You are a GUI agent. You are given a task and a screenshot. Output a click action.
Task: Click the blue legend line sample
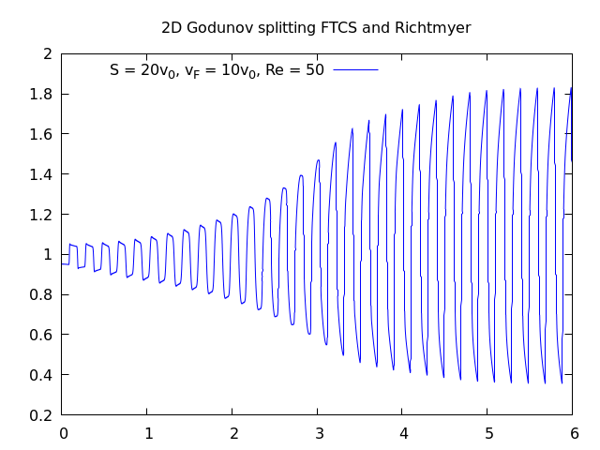[x=355, y=70]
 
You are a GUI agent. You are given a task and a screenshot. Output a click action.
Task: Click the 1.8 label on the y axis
[x=40, y=94]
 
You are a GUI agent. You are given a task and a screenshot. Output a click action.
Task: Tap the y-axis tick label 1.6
[x=40, y=134]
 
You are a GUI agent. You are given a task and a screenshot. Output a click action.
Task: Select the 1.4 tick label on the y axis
[x=40, y=174]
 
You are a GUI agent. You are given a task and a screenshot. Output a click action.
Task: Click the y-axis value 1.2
[x=40, y=215]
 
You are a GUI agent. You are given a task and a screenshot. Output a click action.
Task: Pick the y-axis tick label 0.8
[x=40, y=294]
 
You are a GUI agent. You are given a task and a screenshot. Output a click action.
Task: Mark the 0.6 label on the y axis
[x=40, y=335]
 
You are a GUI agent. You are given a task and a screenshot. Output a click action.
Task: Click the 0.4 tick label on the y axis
[x=40, y=375]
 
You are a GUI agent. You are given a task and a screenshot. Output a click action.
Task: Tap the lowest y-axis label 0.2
[x=40, y=415]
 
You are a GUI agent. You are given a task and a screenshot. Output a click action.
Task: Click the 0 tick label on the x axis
[x=63, y=434]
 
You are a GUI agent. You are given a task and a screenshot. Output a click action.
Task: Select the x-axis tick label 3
[x=318, y=434]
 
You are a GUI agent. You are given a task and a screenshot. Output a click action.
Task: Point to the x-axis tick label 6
[x=574, y=434]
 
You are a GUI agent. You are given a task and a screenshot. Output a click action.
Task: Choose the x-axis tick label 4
[x=403, y=434]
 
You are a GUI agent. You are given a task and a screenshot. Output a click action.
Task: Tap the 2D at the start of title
[x=172, y=28]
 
